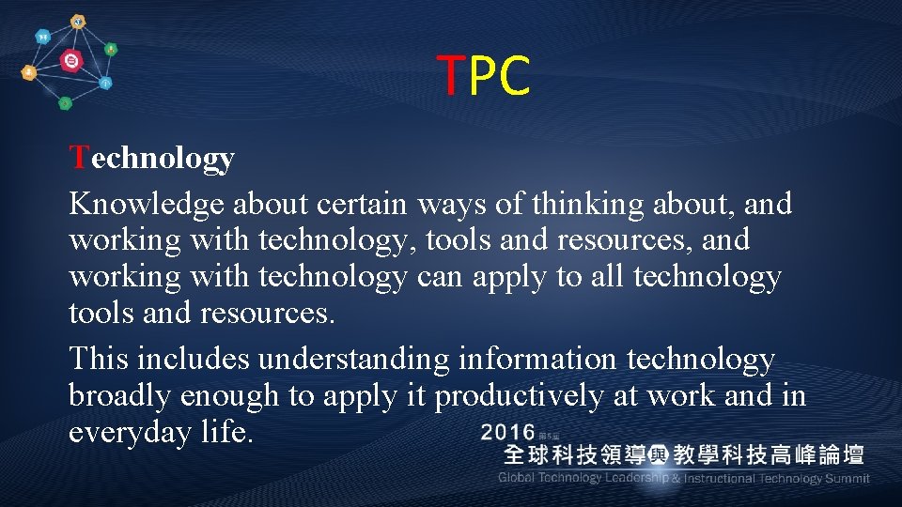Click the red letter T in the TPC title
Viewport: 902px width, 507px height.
pyautogui.click(x=452, y=76)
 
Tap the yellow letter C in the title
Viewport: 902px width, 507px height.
pyautogui.click(x=515, y=76)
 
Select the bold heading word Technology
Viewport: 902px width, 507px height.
pyautogui.click(x=151, y=158)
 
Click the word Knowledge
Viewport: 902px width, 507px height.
pyautogui.click(x=147, y=203)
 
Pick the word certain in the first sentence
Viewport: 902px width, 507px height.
pyautogui.click(x=362, y=203)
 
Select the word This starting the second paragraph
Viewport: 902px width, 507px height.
pyautogui.click(x=99, y=359)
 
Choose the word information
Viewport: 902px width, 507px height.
pyautogui.click(x=538, y=359)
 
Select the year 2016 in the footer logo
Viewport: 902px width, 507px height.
pyautogui.click(x=508, y=433)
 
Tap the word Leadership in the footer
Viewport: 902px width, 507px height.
pyautogui.click(x=636, y=478)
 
